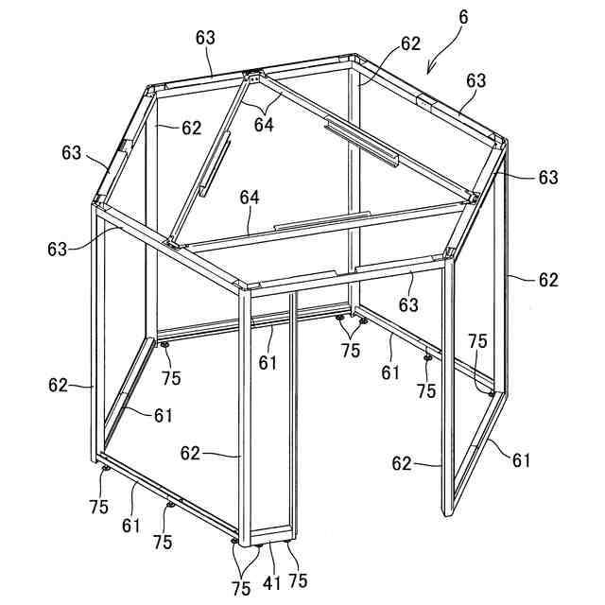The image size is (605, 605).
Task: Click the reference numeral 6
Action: click(x=463, y=17)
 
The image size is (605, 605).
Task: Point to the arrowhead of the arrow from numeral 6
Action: click(x=429, y=71)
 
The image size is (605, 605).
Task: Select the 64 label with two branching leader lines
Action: click(x=264, y=125)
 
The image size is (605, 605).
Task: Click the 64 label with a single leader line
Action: click(x=250, y=198)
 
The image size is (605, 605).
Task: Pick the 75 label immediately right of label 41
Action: click(x=298, y=580)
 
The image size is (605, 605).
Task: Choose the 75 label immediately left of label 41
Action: click(x=240, y=588)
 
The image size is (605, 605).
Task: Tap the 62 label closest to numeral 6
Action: click(x=410, y=43)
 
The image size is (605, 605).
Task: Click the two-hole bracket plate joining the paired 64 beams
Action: click(x=253, y=79)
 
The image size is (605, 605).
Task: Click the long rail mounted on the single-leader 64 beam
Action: click(x=322, y=221)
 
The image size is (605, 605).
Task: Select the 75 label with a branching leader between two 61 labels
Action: click(x=351, y=350)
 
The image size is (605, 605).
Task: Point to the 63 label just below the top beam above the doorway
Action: click(x=408, y=304)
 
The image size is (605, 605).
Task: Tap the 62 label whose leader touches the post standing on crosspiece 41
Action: click(x=190, y=453)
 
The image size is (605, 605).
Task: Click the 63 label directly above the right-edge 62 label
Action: click(x=548, y=177)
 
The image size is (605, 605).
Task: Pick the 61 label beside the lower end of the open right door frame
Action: click(x=522, y=460)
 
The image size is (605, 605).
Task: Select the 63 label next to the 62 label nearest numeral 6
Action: click(x=475, y=80)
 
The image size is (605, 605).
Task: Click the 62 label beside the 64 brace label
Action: click(x=191, y=128)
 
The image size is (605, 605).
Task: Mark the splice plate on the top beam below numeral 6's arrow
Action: click(x=426, y=103)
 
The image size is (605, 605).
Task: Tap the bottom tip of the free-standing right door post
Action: click(x=447, y=515)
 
